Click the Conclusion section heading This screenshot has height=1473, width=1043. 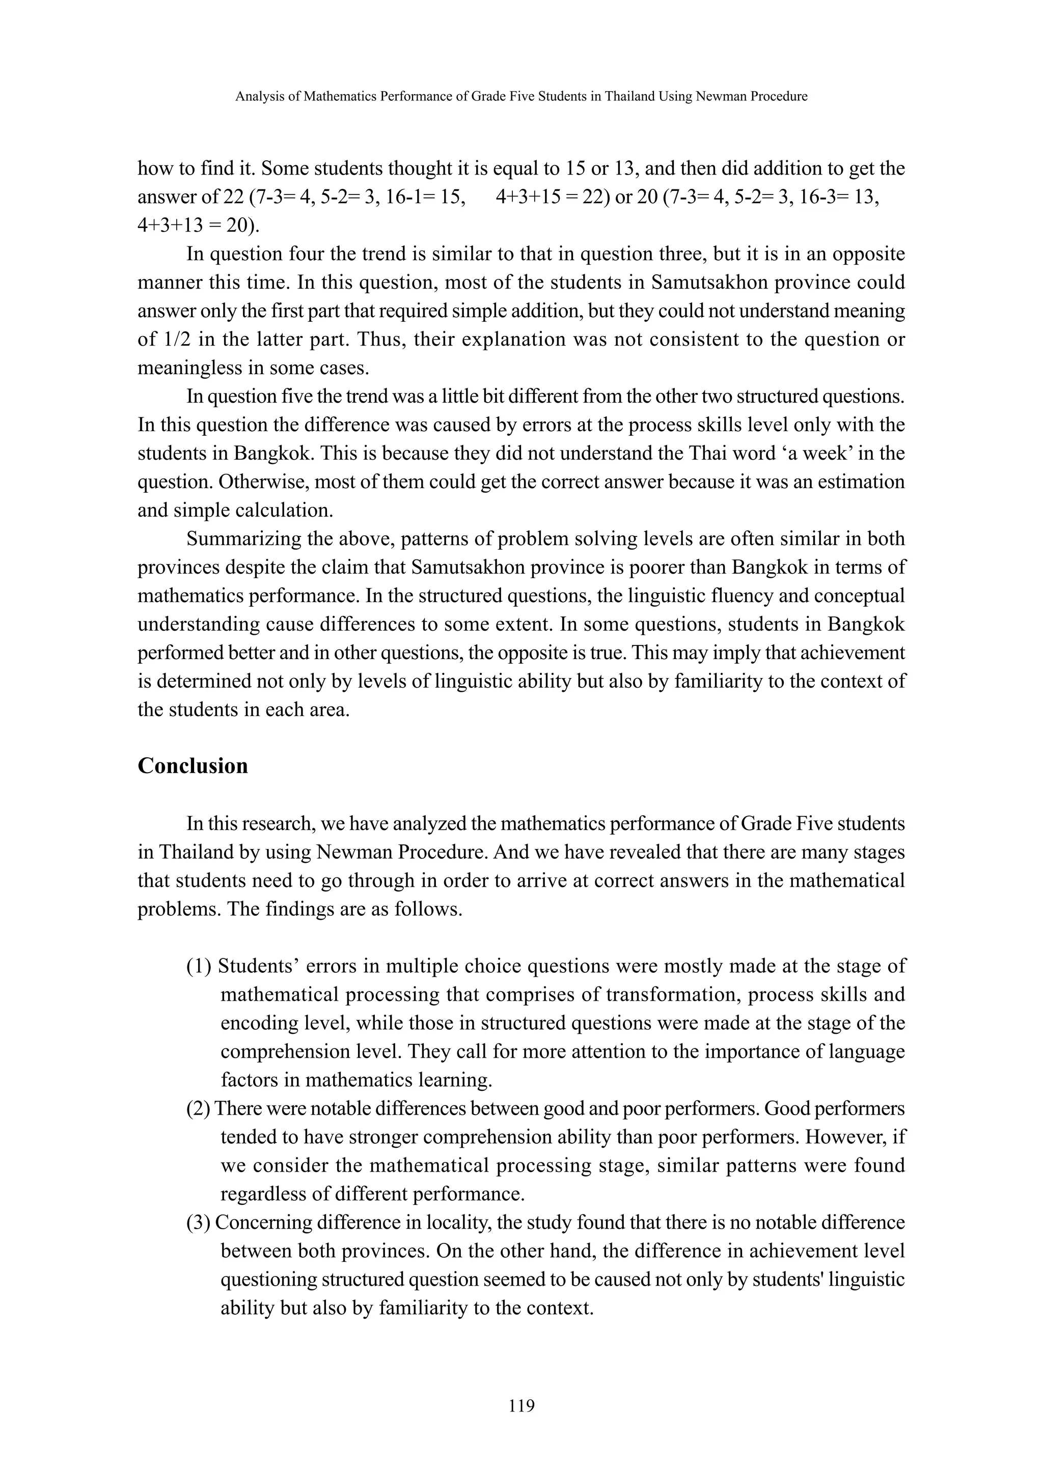193,766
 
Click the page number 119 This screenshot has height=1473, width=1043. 521,1406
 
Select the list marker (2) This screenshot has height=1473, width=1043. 199,1109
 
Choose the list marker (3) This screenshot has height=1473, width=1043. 199,1222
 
